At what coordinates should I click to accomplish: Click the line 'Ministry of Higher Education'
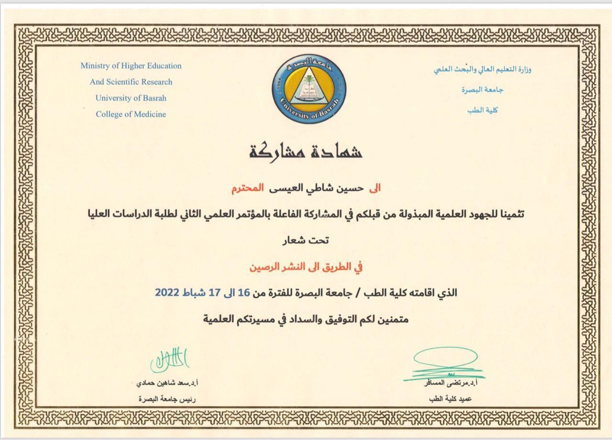coord(131,66)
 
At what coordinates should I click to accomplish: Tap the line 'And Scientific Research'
coord(131,82)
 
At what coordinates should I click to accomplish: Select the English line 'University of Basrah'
coord(131,98)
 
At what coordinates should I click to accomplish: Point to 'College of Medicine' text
coord(131,114)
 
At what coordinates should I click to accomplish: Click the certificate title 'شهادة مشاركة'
coord(306,151)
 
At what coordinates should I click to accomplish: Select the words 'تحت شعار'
coord(306,240)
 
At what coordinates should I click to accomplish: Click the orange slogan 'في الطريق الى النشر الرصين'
coord(306,266)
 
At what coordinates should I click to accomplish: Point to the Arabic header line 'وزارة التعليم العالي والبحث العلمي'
coord(483,69)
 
